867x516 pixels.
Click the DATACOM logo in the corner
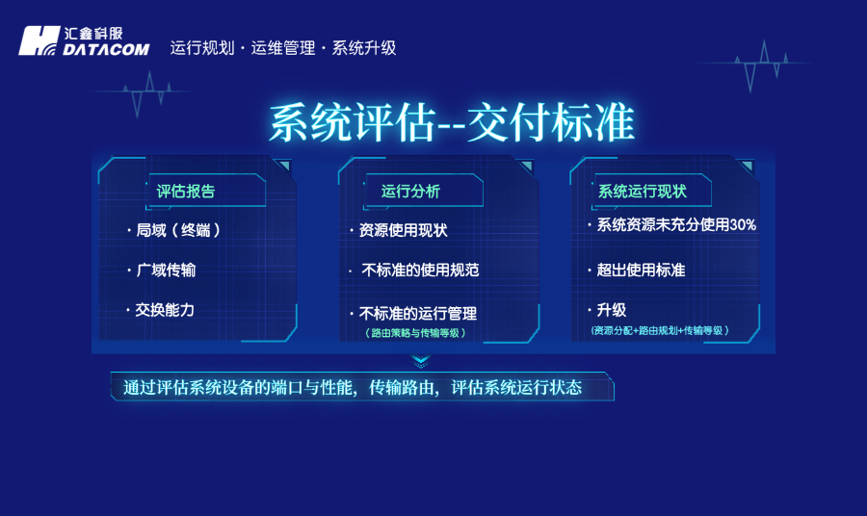pyautogui.click(x=84, y=40)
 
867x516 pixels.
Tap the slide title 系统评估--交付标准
pyautogui.click(x=451, y=123)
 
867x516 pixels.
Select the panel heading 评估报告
pyautogui.click(x=186, y=191)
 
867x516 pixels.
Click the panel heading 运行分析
pyautogui.click(x=410, y=191)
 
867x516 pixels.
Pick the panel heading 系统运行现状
pyautogui.click(x=643, y=191)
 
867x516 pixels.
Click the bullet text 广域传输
pyautogui.click(x=166, y=271)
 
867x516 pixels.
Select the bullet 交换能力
pyautogui.click(x=165, y=310)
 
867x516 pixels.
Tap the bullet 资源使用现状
pyautogui.click(x=403, y=231)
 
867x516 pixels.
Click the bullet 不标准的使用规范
pyautogui.click(x=420, y=271)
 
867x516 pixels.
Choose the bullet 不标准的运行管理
pyautogui.click(x=417, y=313)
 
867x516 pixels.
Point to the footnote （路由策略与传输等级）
pyautogui.click(x=416, y=333)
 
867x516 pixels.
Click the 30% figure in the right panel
pyautogui.click(x=742, y=224)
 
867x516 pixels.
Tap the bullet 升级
pyautogui.click(x=612, y=310)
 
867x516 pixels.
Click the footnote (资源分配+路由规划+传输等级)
pyautogui.click(x=660, y=330)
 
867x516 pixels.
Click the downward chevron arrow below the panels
pyautogui.click(x=420, y=361)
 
